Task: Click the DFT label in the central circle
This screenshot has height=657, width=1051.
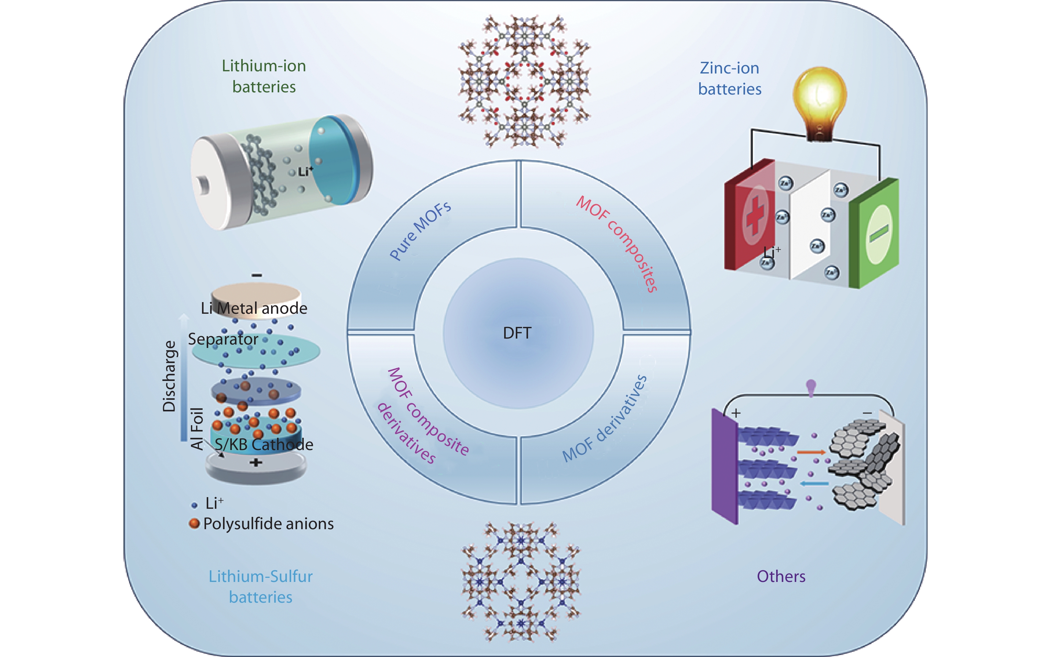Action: pos(517,333)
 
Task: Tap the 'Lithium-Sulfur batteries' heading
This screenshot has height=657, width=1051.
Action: pos(260,587)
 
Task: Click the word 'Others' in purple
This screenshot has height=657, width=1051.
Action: pos(781,576)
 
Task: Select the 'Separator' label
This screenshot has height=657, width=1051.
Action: pos(223,339)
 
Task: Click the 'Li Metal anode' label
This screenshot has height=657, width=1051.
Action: pos(254,308)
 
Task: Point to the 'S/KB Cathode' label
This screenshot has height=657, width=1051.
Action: pos(264,444)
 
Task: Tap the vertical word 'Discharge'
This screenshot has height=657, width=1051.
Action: pos(169,376)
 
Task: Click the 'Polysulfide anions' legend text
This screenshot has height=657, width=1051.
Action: pos(268,524)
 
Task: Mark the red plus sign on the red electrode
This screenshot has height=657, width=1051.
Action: pos(755,215)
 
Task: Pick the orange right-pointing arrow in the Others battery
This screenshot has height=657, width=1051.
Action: pos(811,452)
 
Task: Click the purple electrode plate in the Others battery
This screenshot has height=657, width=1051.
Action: pos(724,467)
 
